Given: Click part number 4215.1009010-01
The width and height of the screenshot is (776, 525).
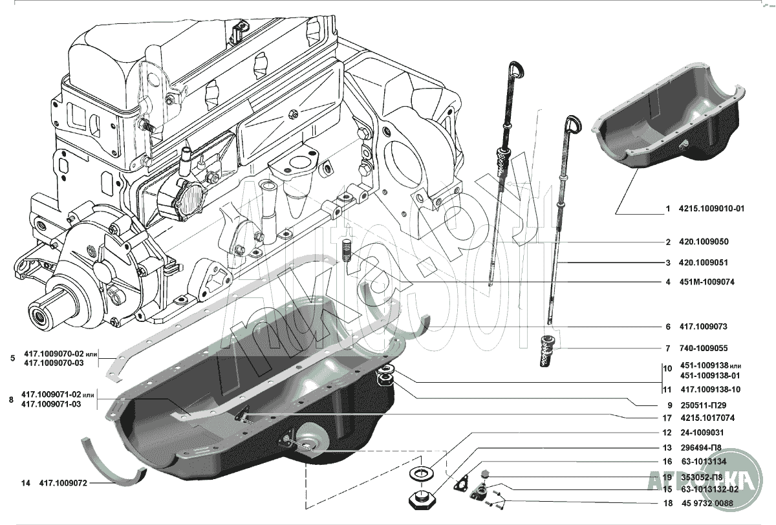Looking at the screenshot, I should [x=712, y=209].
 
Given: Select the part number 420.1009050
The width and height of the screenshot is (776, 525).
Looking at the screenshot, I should [x=704, y=242].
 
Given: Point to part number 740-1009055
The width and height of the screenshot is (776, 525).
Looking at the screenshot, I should [x=704, y=348].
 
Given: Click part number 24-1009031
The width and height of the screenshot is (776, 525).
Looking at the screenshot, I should [x=702, y=433].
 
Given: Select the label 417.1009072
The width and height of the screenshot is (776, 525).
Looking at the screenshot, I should [x=63, y=482].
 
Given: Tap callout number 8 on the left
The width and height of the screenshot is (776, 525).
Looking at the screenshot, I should [x=11, y=400].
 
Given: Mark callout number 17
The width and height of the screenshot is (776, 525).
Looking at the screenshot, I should [x=667, y=418].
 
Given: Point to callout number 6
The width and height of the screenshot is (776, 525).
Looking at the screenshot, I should [x=667, y=327].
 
